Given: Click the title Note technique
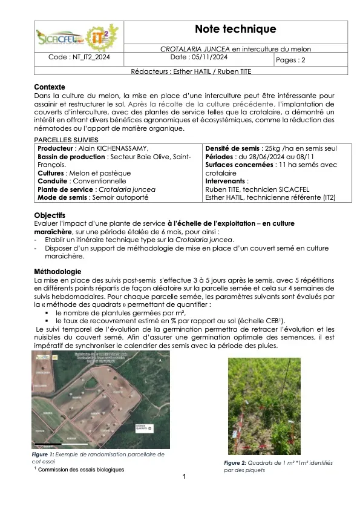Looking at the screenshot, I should click(x=235, y=29).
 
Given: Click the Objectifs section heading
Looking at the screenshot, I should click(x=50, y=215).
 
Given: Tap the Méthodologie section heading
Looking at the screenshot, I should click(x=57, y=271).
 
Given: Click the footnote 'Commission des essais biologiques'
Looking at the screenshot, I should click(x=81, y=470).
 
